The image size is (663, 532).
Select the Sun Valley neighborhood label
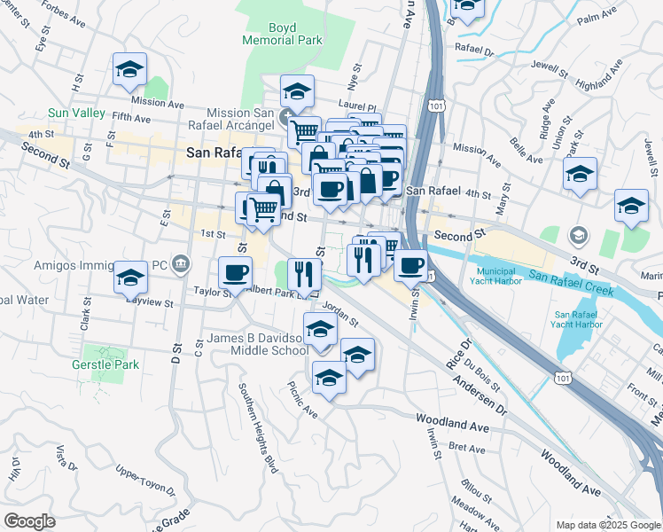(76, 114)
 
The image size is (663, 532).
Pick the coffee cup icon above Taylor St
(235, 272)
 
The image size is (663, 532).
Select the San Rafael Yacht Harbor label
(579, 320)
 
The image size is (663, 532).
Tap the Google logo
(29, 521)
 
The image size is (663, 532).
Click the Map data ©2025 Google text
(606, 525)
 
